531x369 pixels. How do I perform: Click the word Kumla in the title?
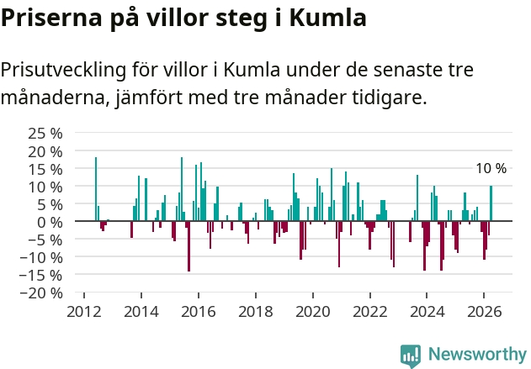point(327,18)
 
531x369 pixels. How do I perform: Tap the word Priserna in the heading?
point(51,18)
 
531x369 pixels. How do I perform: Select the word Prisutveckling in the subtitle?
point(63,71)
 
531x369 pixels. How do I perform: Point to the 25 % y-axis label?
point(45,134)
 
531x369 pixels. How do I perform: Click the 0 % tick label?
point(50,222)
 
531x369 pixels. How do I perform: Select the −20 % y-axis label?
point(41,293)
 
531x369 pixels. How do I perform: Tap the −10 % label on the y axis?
point(41,258)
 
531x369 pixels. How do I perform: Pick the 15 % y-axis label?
point(45,169)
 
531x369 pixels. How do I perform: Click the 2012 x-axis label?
point(84,312)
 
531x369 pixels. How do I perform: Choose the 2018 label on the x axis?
point(256,312)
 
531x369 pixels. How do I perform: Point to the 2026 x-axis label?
point(484,312)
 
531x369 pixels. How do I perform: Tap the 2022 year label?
point(370,312)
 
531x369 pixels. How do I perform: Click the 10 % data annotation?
point(491,168)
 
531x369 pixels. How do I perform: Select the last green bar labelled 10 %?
point(491,203)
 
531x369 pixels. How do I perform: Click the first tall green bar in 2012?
point(96,189)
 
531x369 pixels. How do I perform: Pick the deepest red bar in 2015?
point(189,246)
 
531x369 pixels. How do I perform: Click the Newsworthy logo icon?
point(411,356)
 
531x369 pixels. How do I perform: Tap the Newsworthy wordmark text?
point(477,354)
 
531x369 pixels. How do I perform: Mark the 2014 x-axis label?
point(141,312)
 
